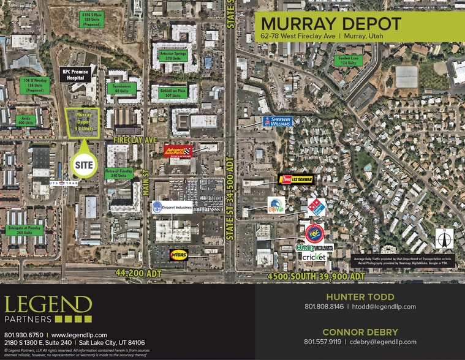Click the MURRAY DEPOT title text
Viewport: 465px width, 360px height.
[331, 24]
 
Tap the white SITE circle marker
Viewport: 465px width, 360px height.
[83, 164]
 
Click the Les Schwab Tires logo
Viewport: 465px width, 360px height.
[297, 179]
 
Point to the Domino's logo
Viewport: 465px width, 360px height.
[317, 207]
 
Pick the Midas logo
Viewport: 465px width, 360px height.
[179, 253]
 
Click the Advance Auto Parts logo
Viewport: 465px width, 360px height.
[178, 151]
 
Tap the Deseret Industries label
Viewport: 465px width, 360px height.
[172, 207]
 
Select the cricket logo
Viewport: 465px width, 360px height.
[313, 257]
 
